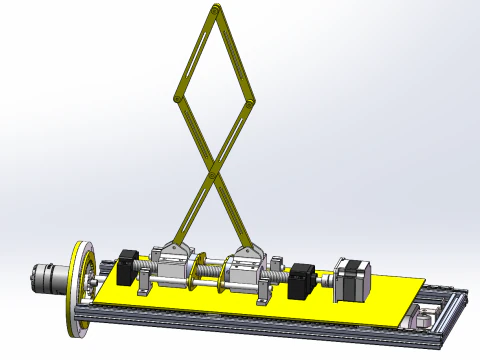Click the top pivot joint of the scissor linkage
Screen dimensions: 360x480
[x=216, y=9]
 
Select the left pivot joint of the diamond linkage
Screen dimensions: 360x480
[x=178, y=98]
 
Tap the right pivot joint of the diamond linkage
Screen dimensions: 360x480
[x=250, y=100]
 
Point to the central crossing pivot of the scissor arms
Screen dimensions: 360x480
[x=214, y=176]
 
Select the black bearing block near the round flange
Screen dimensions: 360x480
[x=127, y=266]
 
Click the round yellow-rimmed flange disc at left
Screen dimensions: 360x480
[x=78, y=285]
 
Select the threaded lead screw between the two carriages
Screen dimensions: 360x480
[x=208, y=269]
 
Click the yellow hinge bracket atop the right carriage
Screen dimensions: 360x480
[x=248, y=250]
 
